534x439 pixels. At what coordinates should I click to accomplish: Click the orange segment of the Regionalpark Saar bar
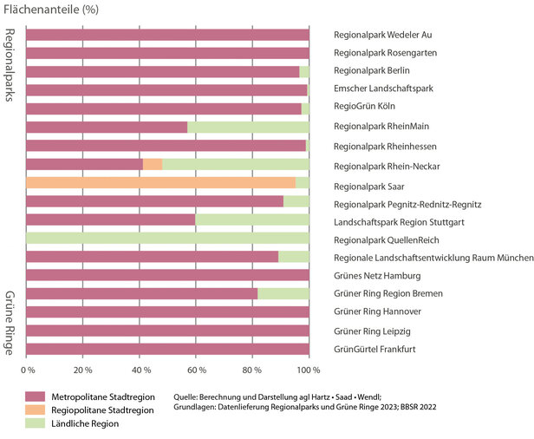tap(160, 183)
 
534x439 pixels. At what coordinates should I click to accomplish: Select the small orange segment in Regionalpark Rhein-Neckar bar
tap(153, 164)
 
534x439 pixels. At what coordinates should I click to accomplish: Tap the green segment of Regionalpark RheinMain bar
tap(248, 128)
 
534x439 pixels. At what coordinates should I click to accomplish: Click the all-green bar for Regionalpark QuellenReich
tap(167, 239)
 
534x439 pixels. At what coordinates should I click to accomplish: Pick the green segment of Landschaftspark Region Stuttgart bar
tap(251, 220)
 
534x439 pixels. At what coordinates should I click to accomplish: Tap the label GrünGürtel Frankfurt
tap(375, 350)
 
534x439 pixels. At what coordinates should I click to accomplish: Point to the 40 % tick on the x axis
tap(140, 370)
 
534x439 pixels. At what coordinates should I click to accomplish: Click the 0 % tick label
tap(28, 370)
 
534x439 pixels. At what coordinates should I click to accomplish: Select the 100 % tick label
tap(308, 370)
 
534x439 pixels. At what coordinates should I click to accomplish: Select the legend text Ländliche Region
tap(96, 423)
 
